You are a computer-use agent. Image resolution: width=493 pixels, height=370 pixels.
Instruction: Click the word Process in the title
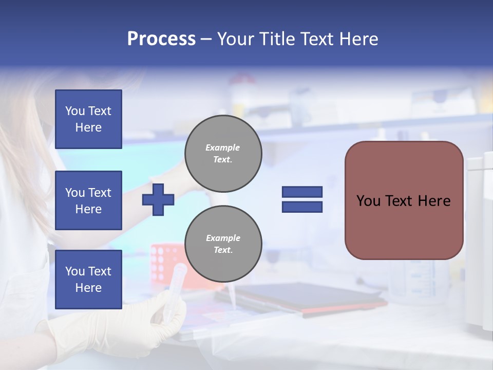[161, 39]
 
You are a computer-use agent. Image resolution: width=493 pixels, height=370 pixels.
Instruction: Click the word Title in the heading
[278, 39]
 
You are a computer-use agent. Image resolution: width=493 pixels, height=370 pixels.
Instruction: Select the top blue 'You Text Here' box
[88, 119]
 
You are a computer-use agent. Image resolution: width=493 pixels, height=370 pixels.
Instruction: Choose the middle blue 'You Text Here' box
[88, 200]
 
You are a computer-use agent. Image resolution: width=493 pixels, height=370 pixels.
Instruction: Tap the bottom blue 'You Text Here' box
[88, 279]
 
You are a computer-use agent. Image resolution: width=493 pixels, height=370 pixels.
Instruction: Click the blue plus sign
[158, 199]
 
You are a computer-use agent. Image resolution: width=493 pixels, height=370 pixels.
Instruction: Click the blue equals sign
[302, 199]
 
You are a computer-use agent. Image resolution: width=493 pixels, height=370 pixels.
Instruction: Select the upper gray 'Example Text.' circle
[223, 154]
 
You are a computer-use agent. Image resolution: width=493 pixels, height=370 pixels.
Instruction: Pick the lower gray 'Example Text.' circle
[223, 244]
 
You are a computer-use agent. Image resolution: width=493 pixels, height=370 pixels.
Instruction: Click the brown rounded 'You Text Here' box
[404, 200]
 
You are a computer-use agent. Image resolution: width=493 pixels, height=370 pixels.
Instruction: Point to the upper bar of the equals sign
[302, 192]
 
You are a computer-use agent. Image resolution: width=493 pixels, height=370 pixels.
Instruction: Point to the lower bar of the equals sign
[302, 207]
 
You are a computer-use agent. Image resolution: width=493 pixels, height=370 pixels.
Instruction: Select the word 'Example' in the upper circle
[223, 147]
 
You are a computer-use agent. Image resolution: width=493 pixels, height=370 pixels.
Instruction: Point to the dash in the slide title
[206, 40]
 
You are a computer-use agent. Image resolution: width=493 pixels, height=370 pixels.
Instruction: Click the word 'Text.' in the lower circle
[223, 250]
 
